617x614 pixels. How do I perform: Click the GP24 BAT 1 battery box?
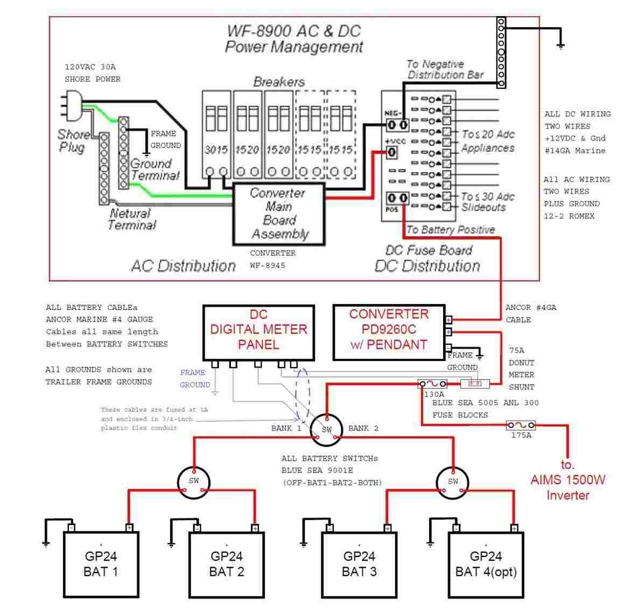tap(101, 564)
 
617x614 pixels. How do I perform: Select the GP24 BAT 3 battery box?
tap(359, 564)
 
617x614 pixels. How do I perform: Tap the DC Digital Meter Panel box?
tap(258, 333)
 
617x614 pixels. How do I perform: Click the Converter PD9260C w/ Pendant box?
tap(389, 333)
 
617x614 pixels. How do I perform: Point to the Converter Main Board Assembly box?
tap(279, 214)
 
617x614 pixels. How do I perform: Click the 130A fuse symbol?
tap(433, 384)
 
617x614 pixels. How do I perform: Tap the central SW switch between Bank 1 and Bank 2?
tap(327, 429)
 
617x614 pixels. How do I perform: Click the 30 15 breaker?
tap(216, 135)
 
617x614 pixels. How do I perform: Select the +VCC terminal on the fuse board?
tap(392, 152)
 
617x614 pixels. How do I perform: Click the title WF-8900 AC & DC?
tap(293, 31)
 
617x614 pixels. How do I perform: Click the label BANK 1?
tap(286, 428)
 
